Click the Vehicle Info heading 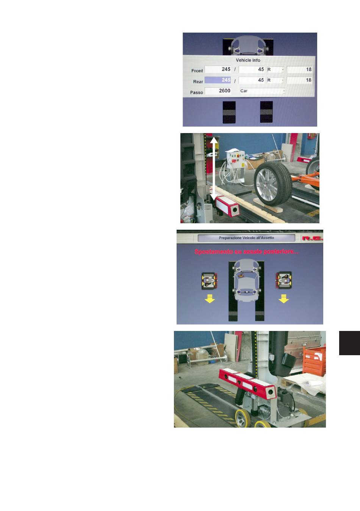[248, 60]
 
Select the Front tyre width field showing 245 [218, 69]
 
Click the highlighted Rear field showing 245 [218, 80]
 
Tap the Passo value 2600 [218, 91]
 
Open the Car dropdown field [262, 91]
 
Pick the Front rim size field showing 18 [299, 69]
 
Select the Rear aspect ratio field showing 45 [252, 80]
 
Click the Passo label [196, 92]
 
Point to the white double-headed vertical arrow [214, 168]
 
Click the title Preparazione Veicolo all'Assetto [246, 238]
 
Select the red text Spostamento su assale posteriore [247, 252]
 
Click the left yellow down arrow [210, 299]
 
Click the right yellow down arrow [283, 299]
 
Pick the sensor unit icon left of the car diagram [210, 281]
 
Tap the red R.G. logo [312, 238]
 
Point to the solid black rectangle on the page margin [349, 343]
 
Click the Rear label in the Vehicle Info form [198, 82]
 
